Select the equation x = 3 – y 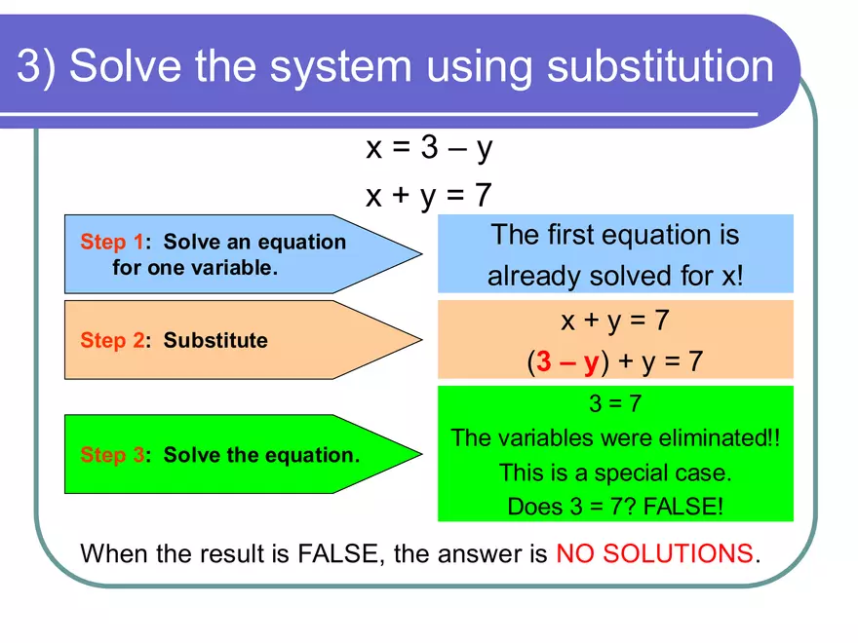429,148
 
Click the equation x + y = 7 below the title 429,196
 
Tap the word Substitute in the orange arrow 215,340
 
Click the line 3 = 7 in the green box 615,403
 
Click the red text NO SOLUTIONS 654,554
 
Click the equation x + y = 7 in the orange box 615,320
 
